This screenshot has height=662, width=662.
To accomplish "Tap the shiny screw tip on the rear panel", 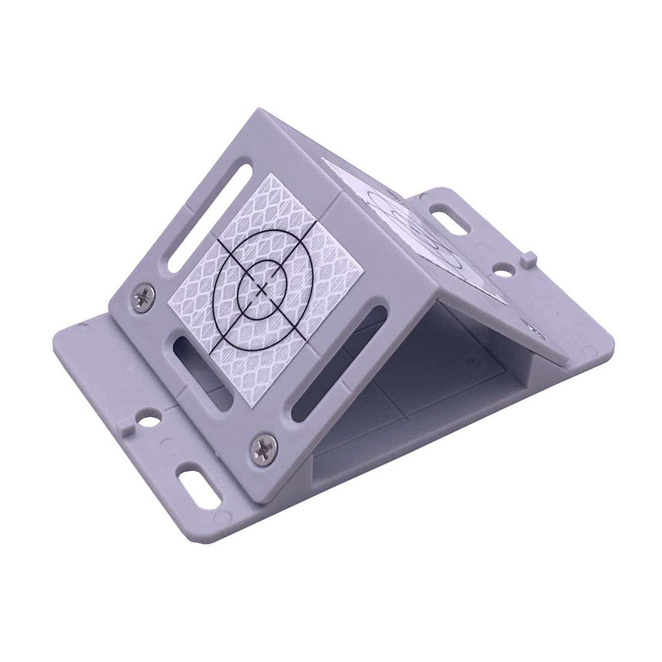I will (x=536, y=330).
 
